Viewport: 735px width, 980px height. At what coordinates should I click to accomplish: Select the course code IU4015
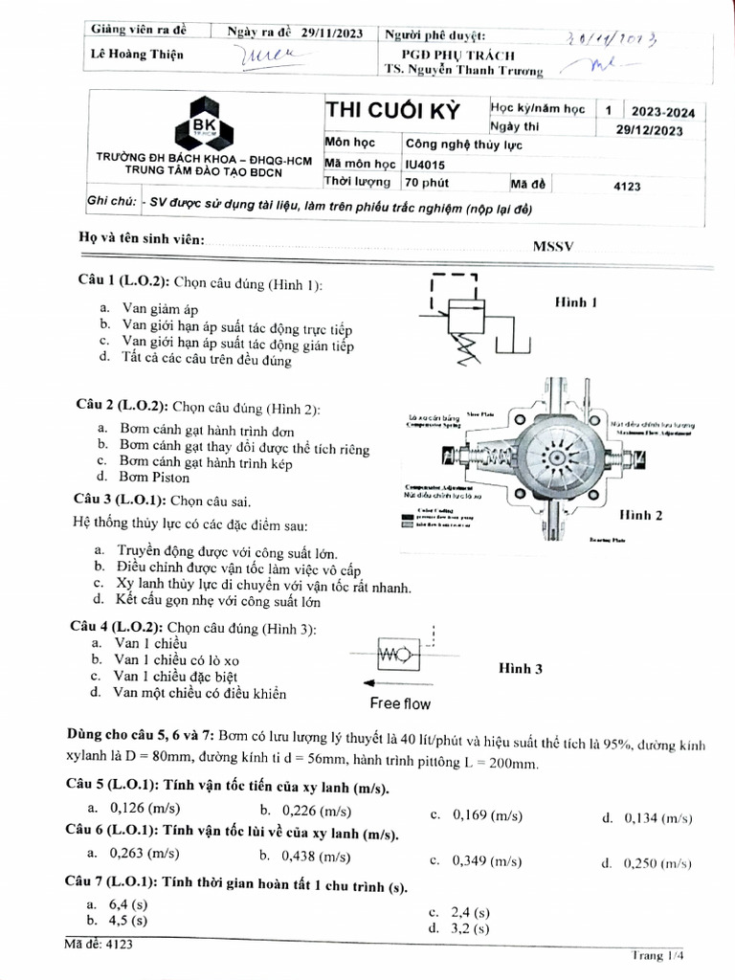pyautogui.click(x=425, y=164)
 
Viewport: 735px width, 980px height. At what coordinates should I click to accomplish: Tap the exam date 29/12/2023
pyautogui.click(x=648, y=131)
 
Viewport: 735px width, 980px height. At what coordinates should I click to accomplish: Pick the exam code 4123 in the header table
pyautogui.click(x=625, y=186)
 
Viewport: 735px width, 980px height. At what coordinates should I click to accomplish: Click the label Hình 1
pyautogui.click(x=576, y=302)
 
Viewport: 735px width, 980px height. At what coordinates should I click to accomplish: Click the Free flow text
pyautogui.click(x=400, y=703)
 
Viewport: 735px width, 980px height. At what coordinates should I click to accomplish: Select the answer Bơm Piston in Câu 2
pyautogui.click(x=154, y=477)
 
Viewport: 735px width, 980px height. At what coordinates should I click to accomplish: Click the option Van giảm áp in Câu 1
pyautogui.click(x=159, y=308)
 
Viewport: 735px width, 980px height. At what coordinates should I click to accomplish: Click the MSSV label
pyautogui.click(x=552, y=246)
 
